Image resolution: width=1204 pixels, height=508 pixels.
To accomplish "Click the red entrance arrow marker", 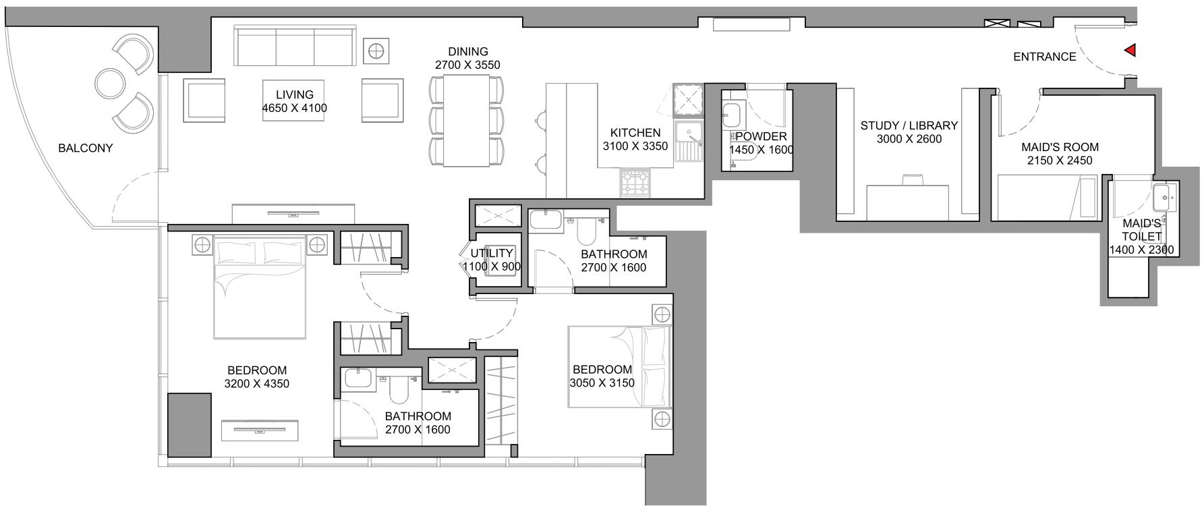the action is (x=1130, y=51).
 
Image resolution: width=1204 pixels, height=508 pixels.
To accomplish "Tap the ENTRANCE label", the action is (x=1045, y=57).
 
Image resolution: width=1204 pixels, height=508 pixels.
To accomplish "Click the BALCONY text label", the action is (x=86, y=148).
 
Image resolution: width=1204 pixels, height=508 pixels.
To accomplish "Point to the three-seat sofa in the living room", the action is (x=295, y=45).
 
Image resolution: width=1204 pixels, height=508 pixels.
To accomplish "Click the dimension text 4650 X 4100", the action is (x=295, y=108).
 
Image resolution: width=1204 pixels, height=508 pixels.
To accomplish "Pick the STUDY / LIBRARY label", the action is (x=909, y=125).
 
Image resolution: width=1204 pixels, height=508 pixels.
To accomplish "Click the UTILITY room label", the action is (x=492, y=254).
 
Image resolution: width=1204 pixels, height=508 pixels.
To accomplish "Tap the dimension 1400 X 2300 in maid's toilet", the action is (x=1141, y=250).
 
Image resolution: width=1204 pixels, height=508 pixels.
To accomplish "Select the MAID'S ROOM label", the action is (x=1060, y=147).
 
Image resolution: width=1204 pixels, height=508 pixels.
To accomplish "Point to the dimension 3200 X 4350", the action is (x=257, y=384).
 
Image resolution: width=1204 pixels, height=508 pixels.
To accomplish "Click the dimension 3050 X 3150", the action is (x=602, y=383).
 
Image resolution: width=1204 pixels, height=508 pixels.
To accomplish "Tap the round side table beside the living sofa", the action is (x=376, y=51).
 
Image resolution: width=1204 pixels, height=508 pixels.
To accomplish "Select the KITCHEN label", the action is (x=635, y=133).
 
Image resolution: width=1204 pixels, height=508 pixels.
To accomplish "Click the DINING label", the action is (x=468, y=52).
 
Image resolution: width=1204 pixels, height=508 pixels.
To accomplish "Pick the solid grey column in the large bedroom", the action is (x=189, y=424).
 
